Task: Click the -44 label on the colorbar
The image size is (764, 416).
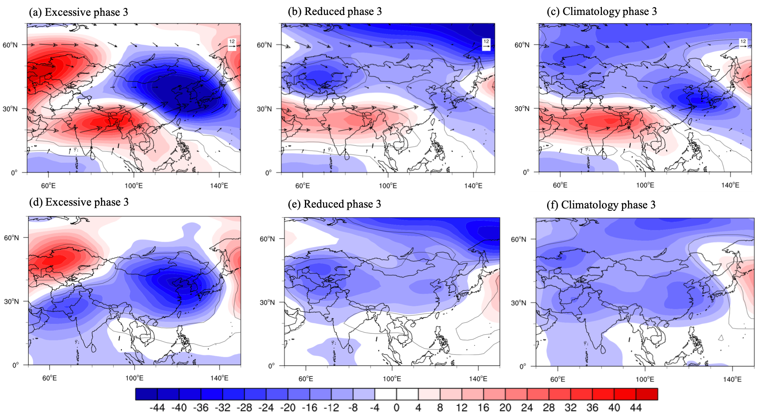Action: [157, 408]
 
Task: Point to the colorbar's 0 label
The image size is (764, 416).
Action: [396, 408]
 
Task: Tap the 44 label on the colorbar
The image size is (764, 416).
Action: [636, 408]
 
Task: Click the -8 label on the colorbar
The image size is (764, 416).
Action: [353, 408]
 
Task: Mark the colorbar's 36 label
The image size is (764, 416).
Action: [592, 408]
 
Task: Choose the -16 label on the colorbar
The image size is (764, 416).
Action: [310, 408]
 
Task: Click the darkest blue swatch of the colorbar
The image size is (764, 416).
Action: [146, 394]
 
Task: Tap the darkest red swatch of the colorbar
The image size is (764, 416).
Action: [647, 394]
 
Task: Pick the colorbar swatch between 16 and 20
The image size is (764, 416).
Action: [495, 394]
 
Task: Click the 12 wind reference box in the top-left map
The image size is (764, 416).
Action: [232, 44]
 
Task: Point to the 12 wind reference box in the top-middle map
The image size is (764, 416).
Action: [486, 44]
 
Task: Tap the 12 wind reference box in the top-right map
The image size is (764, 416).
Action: [743, 44]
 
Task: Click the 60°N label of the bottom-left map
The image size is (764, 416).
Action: [11, 238]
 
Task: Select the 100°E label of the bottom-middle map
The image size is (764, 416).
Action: [392, 379]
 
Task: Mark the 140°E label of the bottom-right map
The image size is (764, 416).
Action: [732, 379]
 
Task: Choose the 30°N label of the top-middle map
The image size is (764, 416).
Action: [264, 109]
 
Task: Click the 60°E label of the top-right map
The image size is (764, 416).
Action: [560, 185]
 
